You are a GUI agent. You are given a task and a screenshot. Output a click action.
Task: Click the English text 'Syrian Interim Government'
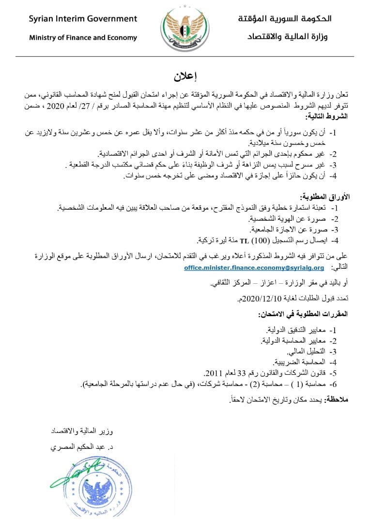point(83,19)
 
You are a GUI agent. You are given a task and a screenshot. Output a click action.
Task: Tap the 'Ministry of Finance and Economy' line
point(83,37)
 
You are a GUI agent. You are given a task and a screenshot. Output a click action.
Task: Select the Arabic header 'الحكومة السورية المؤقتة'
point(285,19)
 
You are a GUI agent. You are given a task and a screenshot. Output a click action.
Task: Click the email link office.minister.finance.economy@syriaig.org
point(254,267)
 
